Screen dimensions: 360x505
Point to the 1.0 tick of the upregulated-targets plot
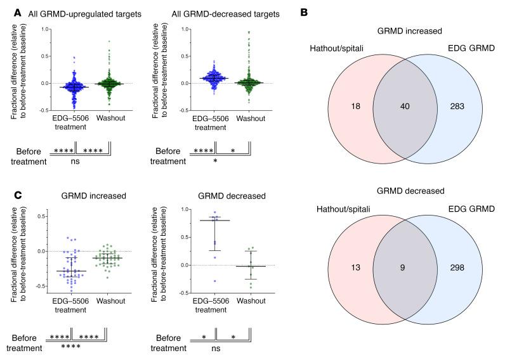(45, 29)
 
